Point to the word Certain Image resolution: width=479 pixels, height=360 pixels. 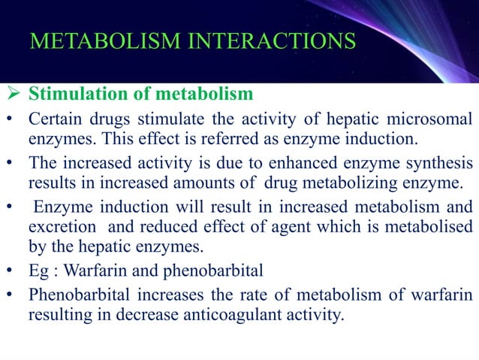[54, 119]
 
